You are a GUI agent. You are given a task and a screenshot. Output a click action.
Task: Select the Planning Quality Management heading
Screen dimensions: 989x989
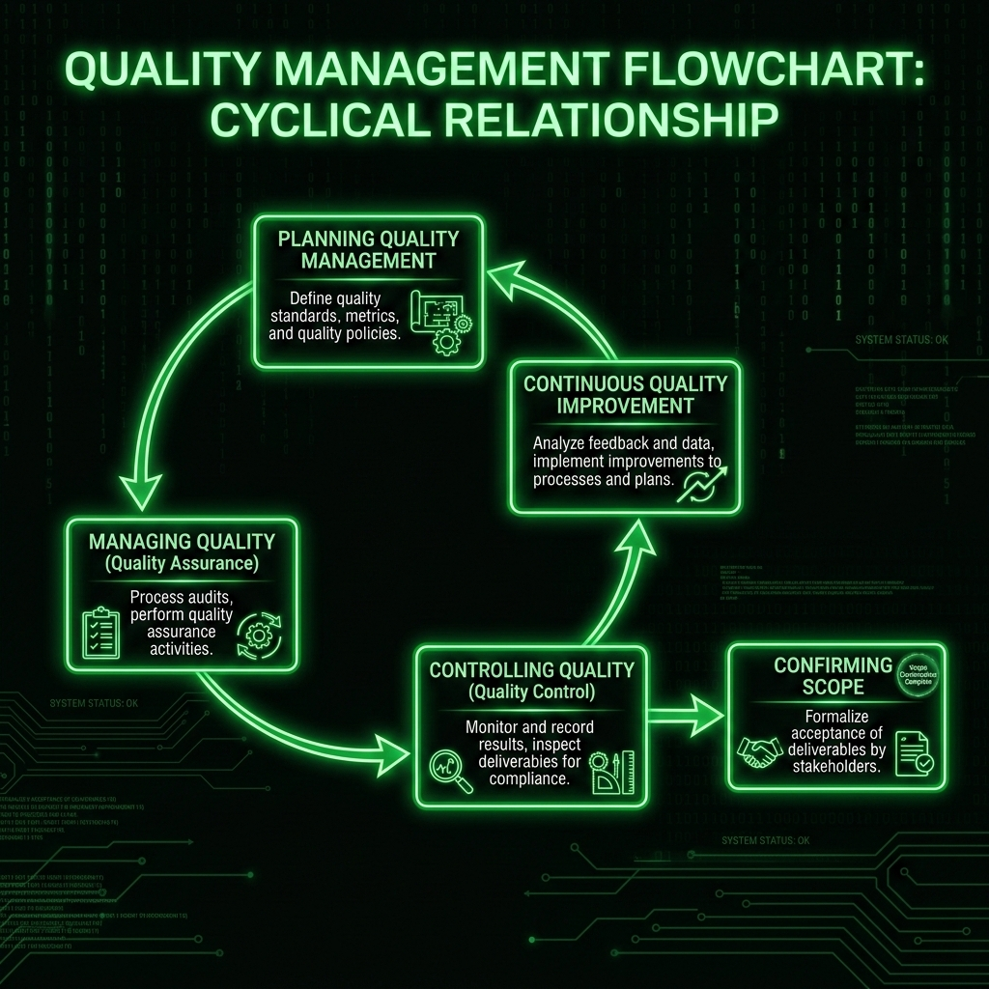369,248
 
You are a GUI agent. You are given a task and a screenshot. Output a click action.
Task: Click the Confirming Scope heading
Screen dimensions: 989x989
819,676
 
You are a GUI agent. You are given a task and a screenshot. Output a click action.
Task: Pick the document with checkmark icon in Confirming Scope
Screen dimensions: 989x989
912,754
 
